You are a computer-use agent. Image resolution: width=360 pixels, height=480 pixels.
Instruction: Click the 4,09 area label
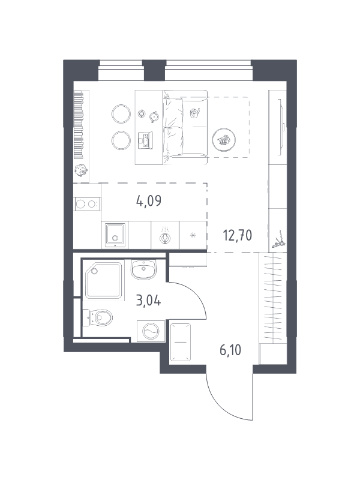coord(149,201)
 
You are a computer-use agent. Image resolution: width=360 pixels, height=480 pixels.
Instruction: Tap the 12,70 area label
coord(238,235)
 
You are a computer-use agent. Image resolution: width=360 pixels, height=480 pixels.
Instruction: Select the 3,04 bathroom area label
coord(148,301)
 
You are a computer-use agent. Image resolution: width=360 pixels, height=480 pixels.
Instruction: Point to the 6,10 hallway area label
coord(230,350)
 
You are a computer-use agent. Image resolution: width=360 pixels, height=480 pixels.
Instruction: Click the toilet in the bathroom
coord(98,317)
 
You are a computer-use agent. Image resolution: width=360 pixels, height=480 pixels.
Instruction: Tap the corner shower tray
coord(104,280)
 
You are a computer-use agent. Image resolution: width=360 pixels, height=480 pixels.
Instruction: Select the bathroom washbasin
coord(143,269)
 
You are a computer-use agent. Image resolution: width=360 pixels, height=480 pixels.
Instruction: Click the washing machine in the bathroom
coord(151,331)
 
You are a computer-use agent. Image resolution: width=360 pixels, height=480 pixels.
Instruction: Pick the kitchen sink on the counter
coord(115,235)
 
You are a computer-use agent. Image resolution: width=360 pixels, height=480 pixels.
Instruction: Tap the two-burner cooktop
coord(87,204)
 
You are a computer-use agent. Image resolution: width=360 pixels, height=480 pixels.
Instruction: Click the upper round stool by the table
coord(121,114)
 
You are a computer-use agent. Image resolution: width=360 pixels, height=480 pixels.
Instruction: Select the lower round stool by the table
coord(121,140)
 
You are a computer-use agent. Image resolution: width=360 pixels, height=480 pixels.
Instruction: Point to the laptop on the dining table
coord(145,140)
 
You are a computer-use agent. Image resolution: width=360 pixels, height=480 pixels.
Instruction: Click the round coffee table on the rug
coord(224,140)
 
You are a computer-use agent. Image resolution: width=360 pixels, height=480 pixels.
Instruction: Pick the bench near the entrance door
coord(181,342)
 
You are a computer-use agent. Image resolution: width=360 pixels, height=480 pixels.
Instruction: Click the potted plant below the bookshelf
coord(81,170)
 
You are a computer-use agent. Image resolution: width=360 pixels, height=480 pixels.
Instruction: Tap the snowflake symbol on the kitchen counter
coord(193,235)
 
